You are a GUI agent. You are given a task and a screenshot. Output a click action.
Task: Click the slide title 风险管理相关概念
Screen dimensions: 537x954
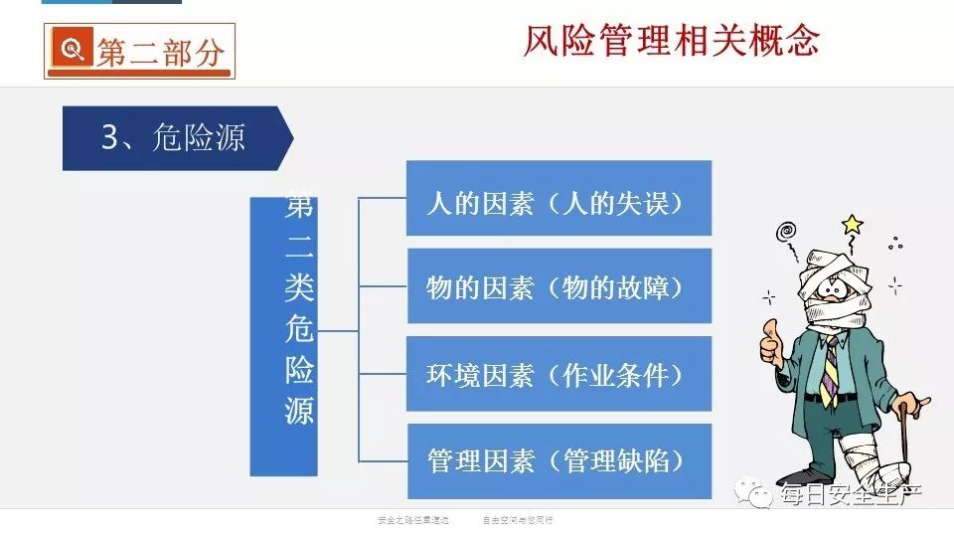(x=672, y=41)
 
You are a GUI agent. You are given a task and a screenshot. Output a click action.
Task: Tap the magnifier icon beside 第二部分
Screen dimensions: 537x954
(x=71, y=51)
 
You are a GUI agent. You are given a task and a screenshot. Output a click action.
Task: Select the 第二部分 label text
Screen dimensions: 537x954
(x=159, y=52)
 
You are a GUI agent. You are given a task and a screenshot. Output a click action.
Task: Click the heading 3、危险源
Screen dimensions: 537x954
(x=173, y=137)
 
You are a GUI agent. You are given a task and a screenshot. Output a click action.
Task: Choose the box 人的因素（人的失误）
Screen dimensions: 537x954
(x=558, y=203)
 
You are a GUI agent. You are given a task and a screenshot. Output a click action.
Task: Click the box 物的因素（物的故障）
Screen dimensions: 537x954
(x=558, y=287)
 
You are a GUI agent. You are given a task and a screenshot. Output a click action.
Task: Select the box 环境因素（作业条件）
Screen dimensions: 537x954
(x=558, y=374)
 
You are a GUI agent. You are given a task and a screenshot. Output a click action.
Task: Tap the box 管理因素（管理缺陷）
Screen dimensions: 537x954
(x=558, y=460)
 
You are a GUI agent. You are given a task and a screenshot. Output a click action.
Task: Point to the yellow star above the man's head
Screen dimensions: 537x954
(x=852, y=224)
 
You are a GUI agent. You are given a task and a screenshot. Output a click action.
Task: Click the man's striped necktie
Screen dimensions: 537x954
(x=829, y=367)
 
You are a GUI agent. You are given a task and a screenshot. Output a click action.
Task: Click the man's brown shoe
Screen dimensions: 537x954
(x=796, y=477)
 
